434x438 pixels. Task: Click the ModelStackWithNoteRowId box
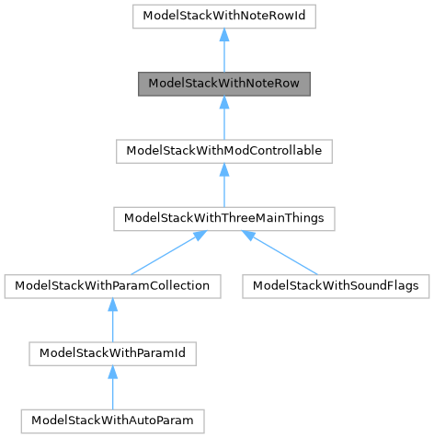click(224, 16)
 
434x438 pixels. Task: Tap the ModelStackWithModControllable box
click(224, 150)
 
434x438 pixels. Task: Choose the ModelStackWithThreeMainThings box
click(224, 218)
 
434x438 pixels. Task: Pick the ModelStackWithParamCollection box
click(112, 285)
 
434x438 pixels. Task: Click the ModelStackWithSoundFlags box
click(336, 285)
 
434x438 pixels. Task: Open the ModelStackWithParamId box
click(112, 352)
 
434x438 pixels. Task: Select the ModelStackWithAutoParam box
click(112, 420)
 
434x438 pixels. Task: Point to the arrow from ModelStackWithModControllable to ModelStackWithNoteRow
click(224, 119)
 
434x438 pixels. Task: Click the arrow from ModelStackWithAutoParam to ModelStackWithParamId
click(112, 387)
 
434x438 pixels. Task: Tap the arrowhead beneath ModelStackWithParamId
click(112, 372)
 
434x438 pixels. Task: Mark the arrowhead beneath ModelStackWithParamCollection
click(112, 305)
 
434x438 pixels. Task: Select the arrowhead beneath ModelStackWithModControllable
click(224, 170)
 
